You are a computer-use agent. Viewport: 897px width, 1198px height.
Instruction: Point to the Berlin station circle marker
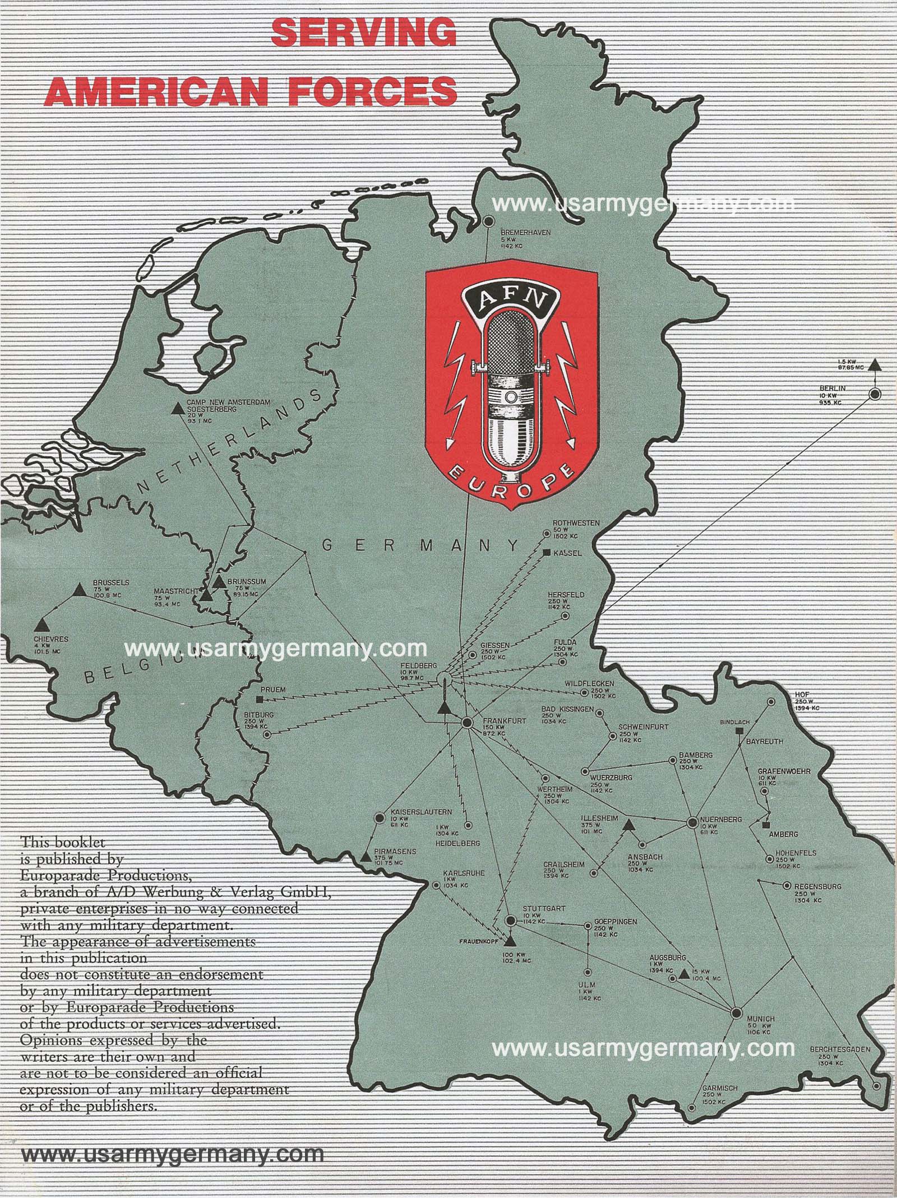point(874,394)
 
